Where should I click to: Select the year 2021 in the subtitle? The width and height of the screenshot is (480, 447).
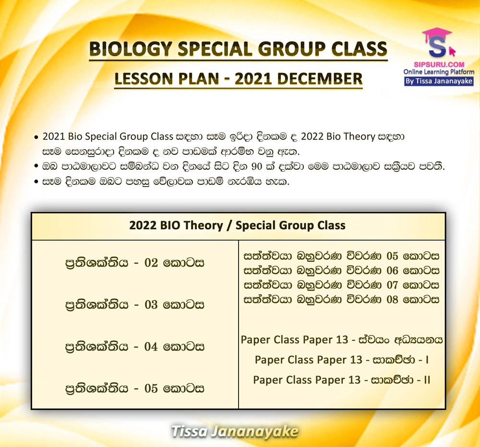click(254, 79)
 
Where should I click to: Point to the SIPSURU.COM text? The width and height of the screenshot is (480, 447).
click(439, 65)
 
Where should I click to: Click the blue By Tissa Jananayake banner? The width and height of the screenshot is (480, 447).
click(439, 82)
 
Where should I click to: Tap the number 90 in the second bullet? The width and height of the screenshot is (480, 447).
click(256, 167)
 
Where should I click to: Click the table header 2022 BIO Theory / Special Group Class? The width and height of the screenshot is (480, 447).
click(237, 225)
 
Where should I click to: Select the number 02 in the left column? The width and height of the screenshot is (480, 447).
click(151, 263)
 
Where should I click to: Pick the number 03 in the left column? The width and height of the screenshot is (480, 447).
click(151, 305)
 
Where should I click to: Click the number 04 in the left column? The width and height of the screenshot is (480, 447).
click(151, 347)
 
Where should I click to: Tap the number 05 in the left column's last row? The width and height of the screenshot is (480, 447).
click(151, 388)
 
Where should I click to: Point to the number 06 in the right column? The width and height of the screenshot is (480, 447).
click(393, 271)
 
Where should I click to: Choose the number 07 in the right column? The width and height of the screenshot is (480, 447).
click(393, 285)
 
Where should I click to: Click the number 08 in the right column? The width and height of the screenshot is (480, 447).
click(393, 299)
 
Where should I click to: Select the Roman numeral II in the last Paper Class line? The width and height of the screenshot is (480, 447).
click(427, 380)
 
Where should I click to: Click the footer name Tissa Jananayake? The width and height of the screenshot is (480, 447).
click(235, 431)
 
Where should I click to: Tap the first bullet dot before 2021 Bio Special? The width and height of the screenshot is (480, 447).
click(36, 137)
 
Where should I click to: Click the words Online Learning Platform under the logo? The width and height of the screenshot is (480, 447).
click(439, 72)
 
